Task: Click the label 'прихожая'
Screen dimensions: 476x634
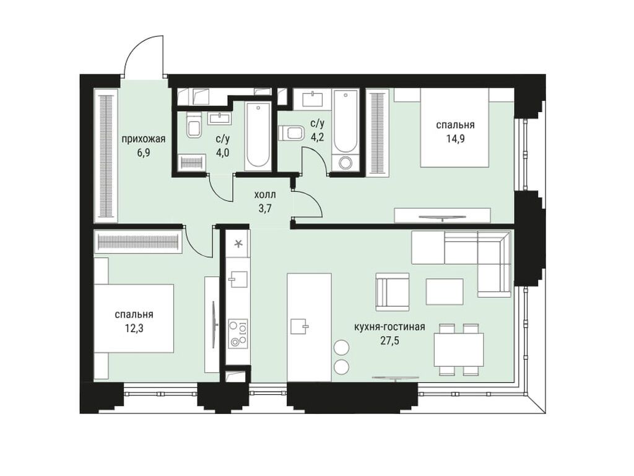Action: pos(143,139)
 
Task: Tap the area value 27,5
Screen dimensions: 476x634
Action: pos(389,340)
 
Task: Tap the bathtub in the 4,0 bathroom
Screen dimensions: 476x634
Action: pos(257,136)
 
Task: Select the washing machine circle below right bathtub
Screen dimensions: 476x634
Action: pos(345,163)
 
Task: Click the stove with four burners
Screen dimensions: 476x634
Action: pos(238,333)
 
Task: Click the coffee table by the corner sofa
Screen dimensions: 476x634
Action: pos(445,291)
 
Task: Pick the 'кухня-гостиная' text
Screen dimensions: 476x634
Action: pos(389,327)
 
